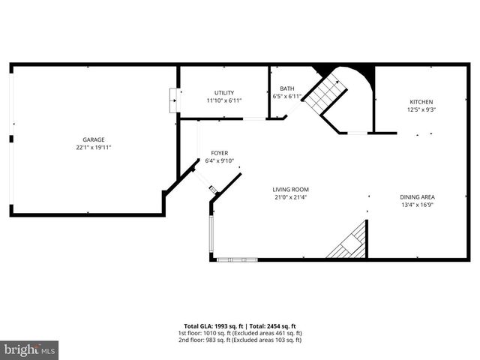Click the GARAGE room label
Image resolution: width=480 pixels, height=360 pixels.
(x=93, y=139)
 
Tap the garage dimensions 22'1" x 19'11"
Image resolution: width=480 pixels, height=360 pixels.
(x=93, y=148)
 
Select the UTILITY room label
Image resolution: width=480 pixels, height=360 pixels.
(x=223, y=93)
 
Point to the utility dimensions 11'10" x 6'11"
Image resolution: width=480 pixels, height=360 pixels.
(x=223, y=100)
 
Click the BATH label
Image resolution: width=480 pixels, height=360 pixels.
(x=287, y=88)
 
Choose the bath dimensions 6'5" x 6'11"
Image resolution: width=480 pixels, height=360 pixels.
(x=287, y=96)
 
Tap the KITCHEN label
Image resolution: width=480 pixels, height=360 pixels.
(x=421, y=102)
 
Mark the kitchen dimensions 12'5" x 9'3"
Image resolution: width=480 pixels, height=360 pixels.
(x=421, y=109)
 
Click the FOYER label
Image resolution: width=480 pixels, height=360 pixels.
(x=219, y=153)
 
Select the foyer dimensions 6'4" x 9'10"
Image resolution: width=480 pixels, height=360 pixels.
(x=219, y=160)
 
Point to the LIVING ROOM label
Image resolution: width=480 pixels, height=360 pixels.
(x=290, y=190)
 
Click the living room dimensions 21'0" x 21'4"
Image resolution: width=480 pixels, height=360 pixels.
(x=290, y=197)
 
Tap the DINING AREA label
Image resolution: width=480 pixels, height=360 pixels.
(x=417, y=197)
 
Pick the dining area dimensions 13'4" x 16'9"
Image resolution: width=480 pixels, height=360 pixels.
(x=417, y=205)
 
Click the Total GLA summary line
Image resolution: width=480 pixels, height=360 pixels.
(x=239, y=326)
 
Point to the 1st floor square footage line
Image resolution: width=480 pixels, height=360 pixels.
(x=239, y=333)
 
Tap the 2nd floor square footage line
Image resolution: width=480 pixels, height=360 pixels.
(x=239, y=340)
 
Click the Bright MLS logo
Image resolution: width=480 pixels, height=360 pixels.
(x=30, y=349)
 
